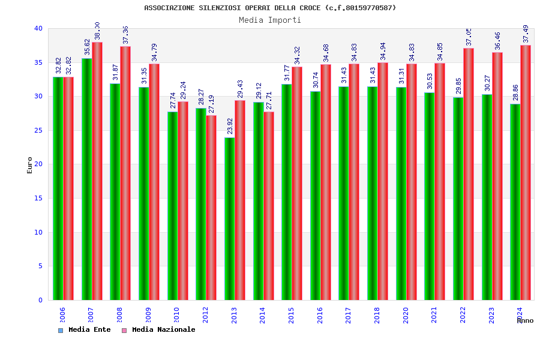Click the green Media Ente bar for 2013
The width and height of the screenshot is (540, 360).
229,219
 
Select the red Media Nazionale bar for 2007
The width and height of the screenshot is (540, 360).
97,171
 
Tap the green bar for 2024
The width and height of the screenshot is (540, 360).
515,202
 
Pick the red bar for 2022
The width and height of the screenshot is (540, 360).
469,174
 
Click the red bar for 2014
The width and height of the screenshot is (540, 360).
269,206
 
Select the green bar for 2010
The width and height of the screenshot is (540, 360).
172,206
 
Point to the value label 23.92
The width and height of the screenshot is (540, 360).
229,127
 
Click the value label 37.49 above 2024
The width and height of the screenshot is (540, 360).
526,34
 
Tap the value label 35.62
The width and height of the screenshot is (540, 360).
87,47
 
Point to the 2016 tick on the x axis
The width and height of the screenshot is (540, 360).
320,315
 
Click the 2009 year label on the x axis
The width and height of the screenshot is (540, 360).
149,315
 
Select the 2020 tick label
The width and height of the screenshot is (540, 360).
406,315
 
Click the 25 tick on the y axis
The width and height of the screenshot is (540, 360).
38,130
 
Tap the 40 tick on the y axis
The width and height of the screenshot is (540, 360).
38,28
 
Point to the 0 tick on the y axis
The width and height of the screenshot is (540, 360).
41,300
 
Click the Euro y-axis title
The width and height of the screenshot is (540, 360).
30,165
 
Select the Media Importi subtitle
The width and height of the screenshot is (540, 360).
270,20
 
